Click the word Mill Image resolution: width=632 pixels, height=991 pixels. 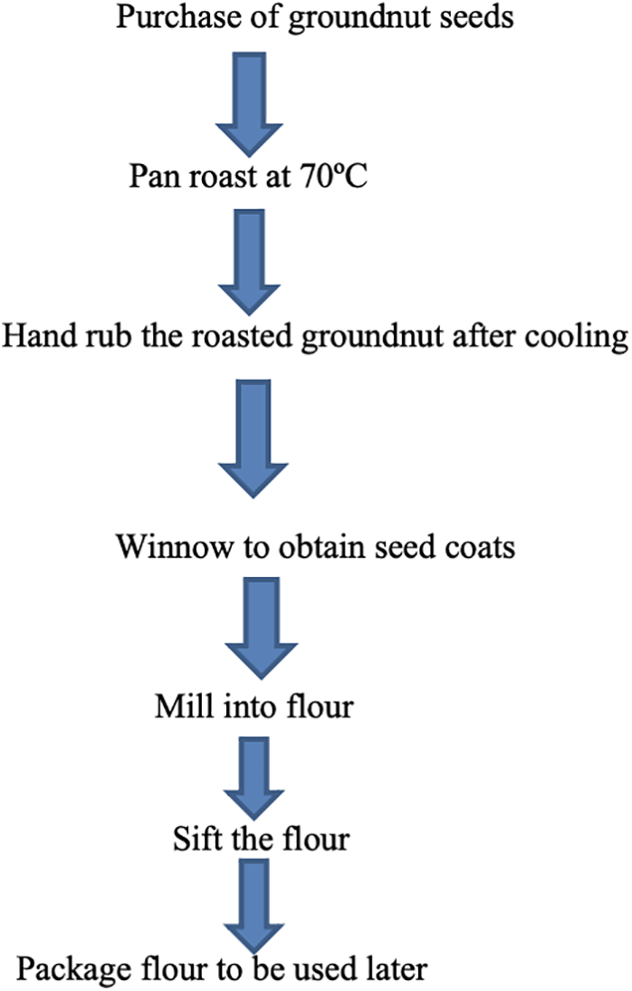pos(178,703)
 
